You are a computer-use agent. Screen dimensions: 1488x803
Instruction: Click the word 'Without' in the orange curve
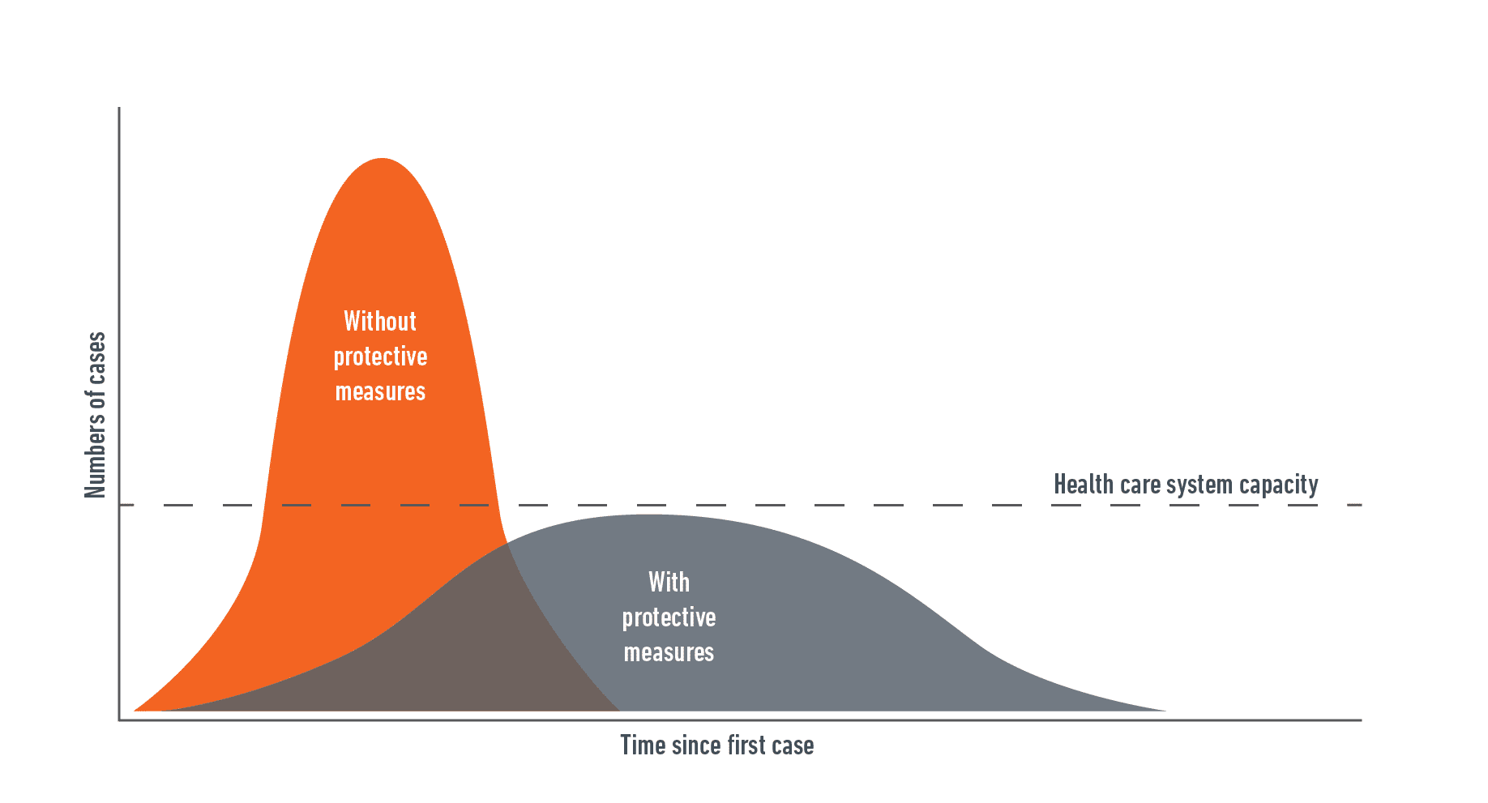tap(380, 322)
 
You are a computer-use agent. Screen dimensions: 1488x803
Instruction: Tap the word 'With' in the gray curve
tap(669, 582)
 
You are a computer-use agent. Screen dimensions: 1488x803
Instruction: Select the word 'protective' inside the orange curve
tap(380, 357)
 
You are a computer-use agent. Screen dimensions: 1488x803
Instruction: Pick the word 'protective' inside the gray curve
tap(669, 618)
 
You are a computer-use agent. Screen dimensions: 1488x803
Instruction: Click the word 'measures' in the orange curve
tap(380, 392)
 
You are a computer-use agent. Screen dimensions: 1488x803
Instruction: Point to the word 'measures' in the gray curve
tap(669, 653)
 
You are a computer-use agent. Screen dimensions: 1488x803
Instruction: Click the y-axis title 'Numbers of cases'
tap(96, 415)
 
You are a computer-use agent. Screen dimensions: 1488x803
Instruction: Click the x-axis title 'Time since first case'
tap(717, 745)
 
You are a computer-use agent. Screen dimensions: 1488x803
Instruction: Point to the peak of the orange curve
tap(382, 159)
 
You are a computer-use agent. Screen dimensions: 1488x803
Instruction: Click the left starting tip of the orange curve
tap(135, 711)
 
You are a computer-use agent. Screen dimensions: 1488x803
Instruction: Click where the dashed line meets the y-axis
tap(120, 505)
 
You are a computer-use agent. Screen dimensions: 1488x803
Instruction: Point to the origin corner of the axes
tap(120, 720)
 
